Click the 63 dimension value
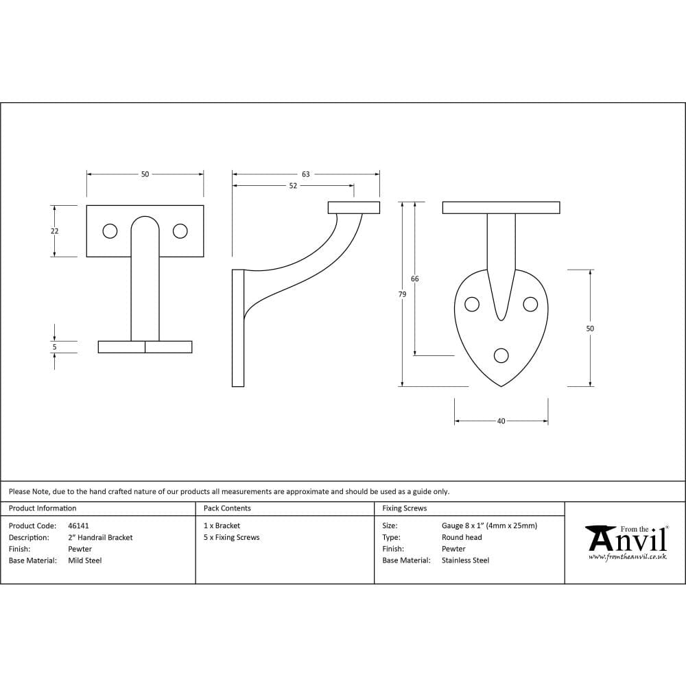[x=306, y=174]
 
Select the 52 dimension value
[x=293, y=186]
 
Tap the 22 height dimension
[x=55, y=231]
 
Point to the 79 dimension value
[x=402, y=294]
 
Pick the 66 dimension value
[x=414, y=279]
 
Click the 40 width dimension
[x=501, y=421]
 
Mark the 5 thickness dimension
[x=55, y=347]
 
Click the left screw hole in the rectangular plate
[x=110, y=231]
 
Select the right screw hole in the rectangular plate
[x=180, y=231]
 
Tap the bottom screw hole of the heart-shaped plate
[x=501, y=355]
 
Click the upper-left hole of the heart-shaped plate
[x=472, y=304]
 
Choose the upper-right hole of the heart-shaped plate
[x=530, y=304]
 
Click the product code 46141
[x=79, y=526]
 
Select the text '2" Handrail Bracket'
[x=100, y=538]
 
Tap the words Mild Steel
[x=85, y=560]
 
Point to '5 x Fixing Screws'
[x=232, y=538]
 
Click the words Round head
[x=462, y=538]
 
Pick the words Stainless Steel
[x=465, y=560]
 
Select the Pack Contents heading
[x=227, y=508]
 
